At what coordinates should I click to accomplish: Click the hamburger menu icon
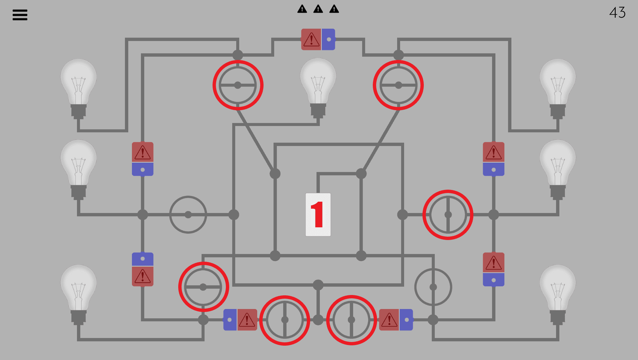pyautogui.click(x=20, y=15)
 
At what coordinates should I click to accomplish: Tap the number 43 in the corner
pyautogui.click(x=617, y=13)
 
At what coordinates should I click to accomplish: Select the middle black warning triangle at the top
pyautogui.click(x=318, y=9)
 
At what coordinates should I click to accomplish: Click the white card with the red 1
pyautogui.click(x=318, y=215)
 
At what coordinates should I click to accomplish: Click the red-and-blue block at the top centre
pyautogui.click(x=318, y=39)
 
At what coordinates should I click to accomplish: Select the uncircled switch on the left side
pyautogui.click(x=188, y=215)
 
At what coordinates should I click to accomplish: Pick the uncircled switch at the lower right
pyautogui.click(x=433, y=287)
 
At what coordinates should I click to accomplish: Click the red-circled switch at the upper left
pyautogui.click(x=238, y=85)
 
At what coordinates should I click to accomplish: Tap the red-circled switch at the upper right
pyautogui.click(x=398, y=85)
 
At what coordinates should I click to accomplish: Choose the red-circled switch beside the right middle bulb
pyautogui.click(x=448, y=215)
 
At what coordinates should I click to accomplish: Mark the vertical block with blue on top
pyautogui.click(x=143, y=269)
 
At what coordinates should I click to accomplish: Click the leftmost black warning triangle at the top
pyautogui.click(x=302, y=9)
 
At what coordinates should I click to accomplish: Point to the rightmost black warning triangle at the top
pyautogui.click(x=334, y=9)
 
